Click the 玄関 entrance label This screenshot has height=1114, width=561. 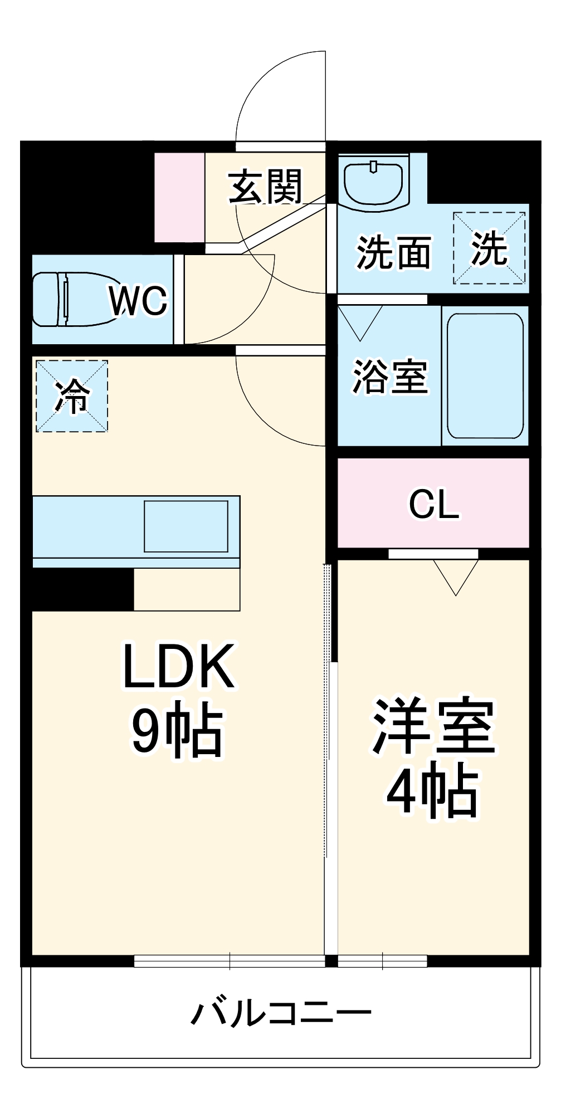266,187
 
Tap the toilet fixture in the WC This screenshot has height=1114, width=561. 70,300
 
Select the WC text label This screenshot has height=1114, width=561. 138,301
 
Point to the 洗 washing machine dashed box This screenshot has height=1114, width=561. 489,248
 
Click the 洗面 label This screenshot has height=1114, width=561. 393,253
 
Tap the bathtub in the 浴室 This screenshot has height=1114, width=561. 485,376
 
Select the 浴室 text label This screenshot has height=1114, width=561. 389,377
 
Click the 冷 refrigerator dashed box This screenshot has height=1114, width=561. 72,396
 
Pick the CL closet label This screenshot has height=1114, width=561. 434,504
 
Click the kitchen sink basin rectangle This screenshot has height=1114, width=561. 186,526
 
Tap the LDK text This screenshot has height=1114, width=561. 178,666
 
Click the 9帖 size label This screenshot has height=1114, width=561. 177,729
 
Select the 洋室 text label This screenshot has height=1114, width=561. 434,726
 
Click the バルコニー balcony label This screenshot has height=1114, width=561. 281,1012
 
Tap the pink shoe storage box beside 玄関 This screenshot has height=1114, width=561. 179,197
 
